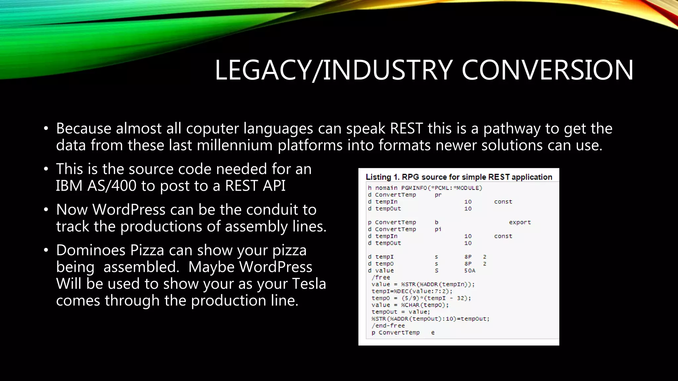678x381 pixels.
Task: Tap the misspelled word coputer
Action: coord(212,128)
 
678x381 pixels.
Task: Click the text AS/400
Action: coord(112,186)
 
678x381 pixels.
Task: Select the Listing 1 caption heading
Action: coord(459,177)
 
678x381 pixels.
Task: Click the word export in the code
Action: coord(520,222)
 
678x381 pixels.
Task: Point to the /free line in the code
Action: coord(381,277)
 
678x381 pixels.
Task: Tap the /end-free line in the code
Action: coord(388,325)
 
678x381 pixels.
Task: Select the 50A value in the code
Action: coord(469,271)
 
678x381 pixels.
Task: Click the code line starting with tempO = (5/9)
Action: coord(421,298)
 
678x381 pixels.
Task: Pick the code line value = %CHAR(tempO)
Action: coord(410,305)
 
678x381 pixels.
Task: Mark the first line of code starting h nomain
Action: coord(425,188)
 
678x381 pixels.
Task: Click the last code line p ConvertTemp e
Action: coord(403,332)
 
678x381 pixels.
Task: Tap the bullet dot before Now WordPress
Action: coord(46,210)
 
